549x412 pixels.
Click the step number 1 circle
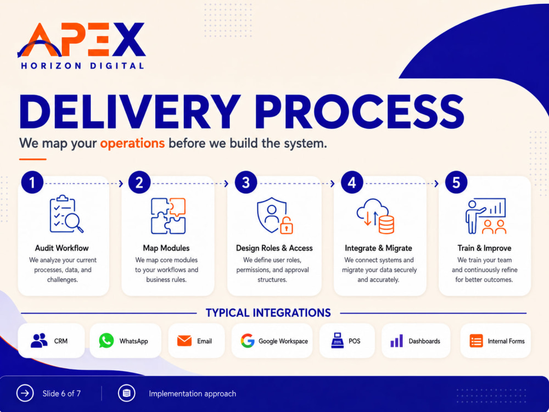(32, 182)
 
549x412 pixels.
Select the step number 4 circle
(352, 182)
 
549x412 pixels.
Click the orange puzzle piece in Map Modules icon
(177, 207)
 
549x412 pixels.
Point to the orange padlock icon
(287, 225)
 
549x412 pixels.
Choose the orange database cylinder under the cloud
(386, 225)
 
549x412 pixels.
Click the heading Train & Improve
(484, 248)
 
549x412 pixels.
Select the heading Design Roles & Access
(274, 248)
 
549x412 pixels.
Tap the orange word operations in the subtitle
(132, 143)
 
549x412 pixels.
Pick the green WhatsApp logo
(106, 341)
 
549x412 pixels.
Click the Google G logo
(248, 341)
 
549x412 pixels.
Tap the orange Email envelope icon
(184, 341)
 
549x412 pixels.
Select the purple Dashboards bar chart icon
(397, 341)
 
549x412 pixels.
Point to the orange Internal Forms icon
(476, 341)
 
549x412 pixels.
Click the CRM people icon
(39, 341)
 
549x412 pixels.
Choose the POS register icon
(338, 341)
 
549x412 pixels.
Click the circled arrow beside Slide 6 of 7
(25, 393)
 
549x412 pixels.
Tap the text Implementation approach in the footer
(192, 394)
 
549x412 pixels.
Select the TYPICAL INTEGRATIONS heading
(268, 313)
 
